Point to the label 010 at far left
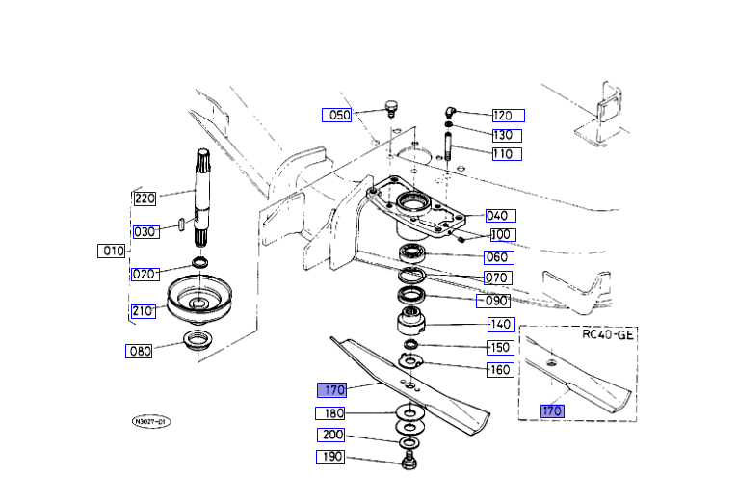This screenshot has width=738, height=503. [112, 251]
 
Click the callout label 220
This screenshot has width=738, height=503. [145, 199]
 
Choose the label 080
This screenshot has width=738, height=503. [140, 351]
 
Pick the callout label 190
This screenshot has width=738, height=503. [330, 457]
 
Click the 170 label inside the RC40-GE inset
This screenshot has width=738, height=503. [551, 410]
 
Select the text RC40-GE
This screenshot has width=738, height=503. [607, 336]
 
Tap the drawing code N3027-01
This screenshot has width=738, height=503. [150, 422]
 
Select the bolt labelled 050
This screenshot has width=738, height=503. [391, 106]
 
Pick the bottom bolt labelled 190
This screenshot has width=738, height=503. [409, 458]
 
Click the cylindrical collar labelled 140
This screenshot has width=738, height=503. [411, 324]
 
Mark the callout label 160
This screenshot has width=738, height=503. [500, 370]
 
